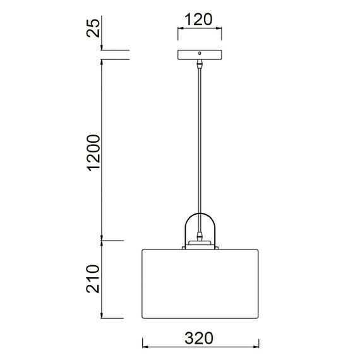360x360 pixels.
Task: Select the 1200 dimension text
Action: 93,152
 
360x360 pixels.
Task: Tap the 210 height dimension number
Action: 93,278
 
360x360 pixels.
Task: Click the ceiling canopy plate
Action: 200,56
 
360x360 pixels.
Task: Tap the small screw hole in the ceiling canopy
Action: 200,54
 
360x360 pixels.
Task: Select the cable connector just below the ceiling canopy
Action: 200,64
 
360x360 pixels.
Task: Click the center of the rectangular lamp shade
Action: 200,284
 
